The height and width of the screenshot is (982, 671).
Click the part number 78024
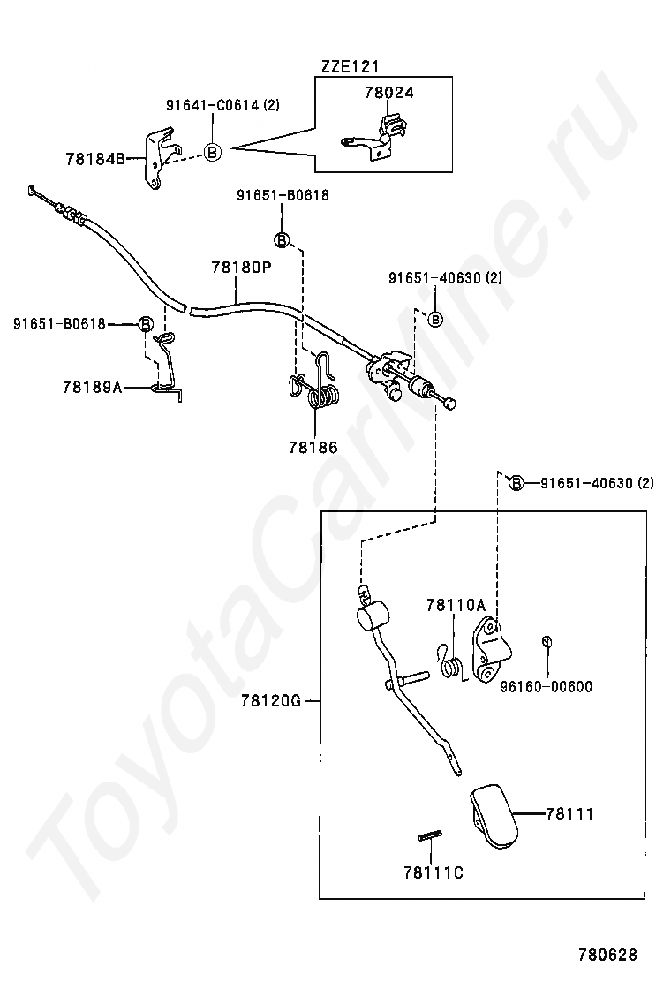(x=388, y=93)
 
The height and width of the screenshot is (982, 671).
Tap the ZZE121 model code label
(x=350, y=66)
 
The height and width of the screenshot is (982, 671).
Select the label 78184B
(x=95, y=159)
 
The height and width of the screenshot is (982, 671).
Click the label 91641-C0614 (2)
(x=222, y=105)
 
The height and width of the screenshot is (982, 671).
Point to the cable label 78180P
(x=241, y=268)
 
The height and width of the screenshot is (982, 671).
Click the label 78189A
(x=93, y=387)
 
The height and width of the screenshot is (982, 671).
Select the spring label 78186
(x=313, y=447)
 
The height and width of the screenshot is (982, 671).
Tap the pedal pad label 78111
(x=569, y=814)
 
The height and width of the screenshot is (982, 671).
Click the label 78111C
(x=434, y=872)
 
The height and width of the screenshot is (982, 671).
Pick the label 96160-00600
(x=546, y=686)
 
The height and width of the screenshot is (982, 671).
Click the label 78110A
(x=456, y=605)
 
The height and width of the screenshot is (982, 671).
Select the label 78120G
(x=271, y=701)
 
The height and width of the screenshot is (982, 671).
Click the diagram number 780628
(x=607, y=955)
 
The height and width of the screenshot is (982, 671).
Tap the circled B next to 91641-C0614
(x=213, y=152)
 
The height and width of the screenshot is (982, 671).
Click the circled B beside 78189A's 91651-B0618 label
(x=145, y=324)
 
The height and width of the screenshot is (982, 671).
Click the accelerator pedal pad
(x=494, y=817)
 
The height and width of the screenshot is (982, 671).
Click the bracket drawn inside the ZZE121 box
(x=373, y=138)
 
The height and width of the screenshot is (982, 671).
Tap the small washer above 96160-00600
(x=546, y=640)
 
